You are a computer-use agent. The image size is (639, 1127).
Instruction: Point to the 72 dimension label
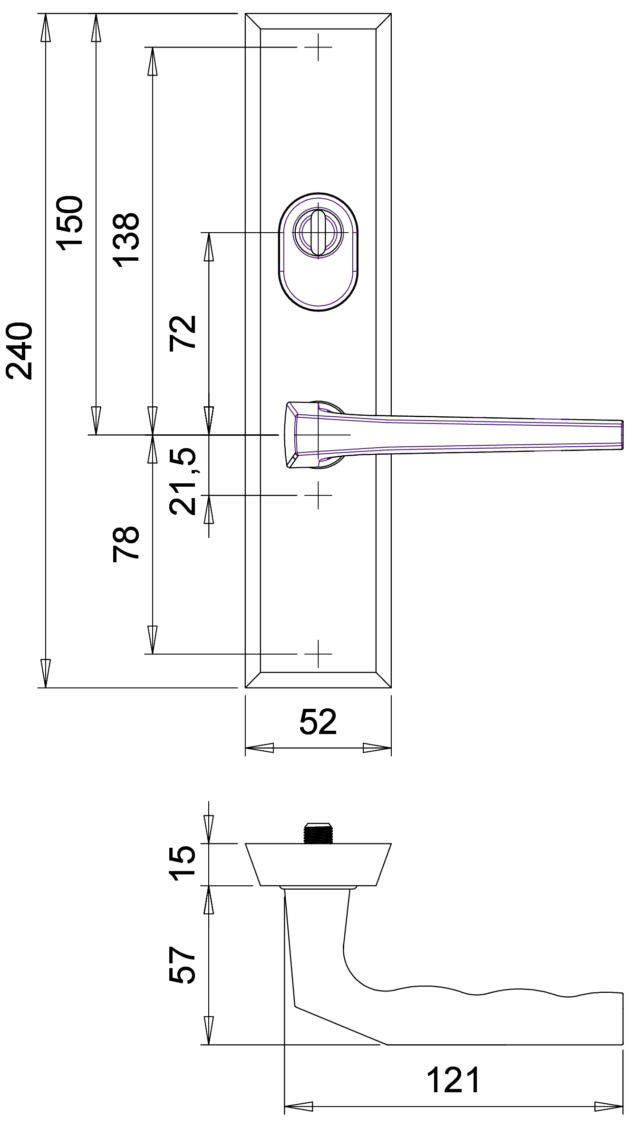pyautogui.click(x=183, y=332)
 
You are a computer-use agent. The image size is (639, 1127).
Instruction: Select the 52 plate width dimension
pyautogui.click(x=318, y=722)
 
